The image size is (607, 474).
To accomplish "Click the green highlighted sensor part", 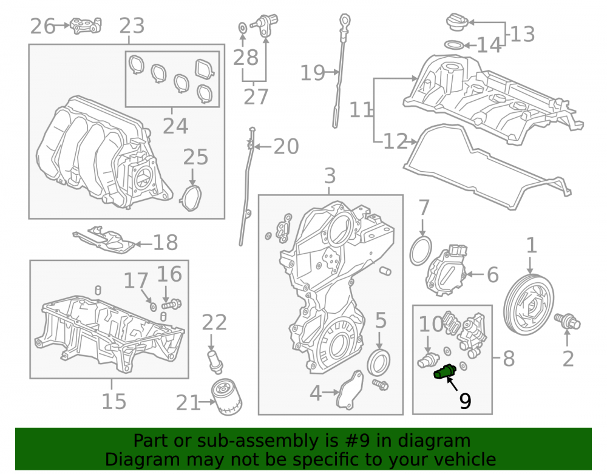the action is (445, 372).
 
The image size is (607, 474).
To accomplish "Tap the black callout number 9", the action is (466, 401).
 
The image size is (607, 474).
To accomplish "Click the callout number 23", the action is (132, 26).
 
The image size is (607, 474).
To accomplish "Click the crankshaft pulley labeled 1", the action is (529, 305).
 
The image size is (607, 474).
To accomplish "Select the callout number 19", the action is (313, 73).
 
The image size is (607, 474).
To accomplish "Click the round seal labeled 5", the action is (378, 362).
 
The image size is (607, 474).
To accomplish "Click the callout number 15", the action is (114, 401).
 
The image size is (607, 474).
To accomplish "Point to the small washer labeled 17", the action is (153, 307).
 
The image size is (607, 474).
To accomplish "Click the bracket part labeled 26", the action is (86, 25).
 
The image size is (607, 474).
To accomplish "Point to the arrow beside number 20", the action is (262, 147).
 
